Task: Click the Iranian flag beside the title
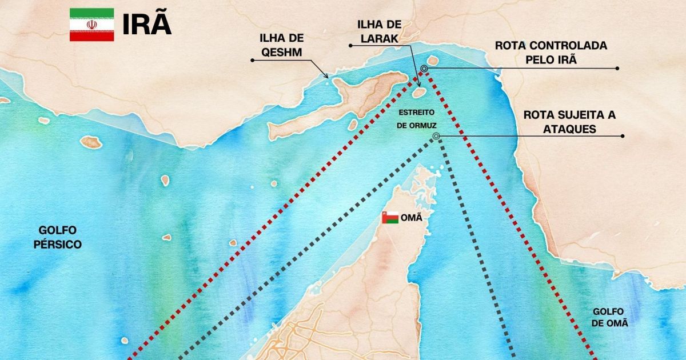point(91,25)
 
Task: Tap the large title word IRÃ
point(147,25)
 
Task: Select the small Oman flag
point(390,218)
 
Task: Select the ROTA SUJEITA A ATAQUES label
point(569,122)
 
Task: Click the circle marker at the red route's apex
point(424,69)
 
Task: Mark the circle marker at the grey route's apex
point(436,136)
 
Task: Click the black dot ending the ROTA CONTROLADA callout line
point(617,68)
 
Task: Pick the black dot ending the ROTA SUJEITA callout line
point(623,136)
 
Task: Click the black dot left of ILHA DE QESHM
point(252,60)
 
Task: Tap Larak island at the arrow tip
point(418,92)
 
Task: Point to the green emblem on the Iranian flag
point(91,25)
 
